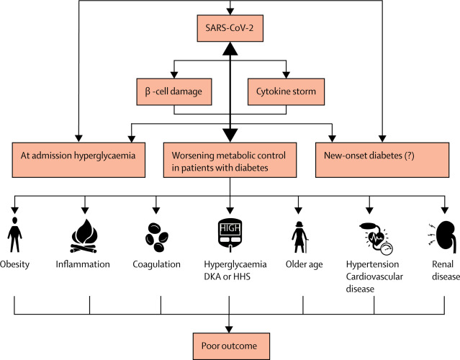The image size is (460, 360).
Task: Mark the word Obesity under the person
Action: pos(15,264)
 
